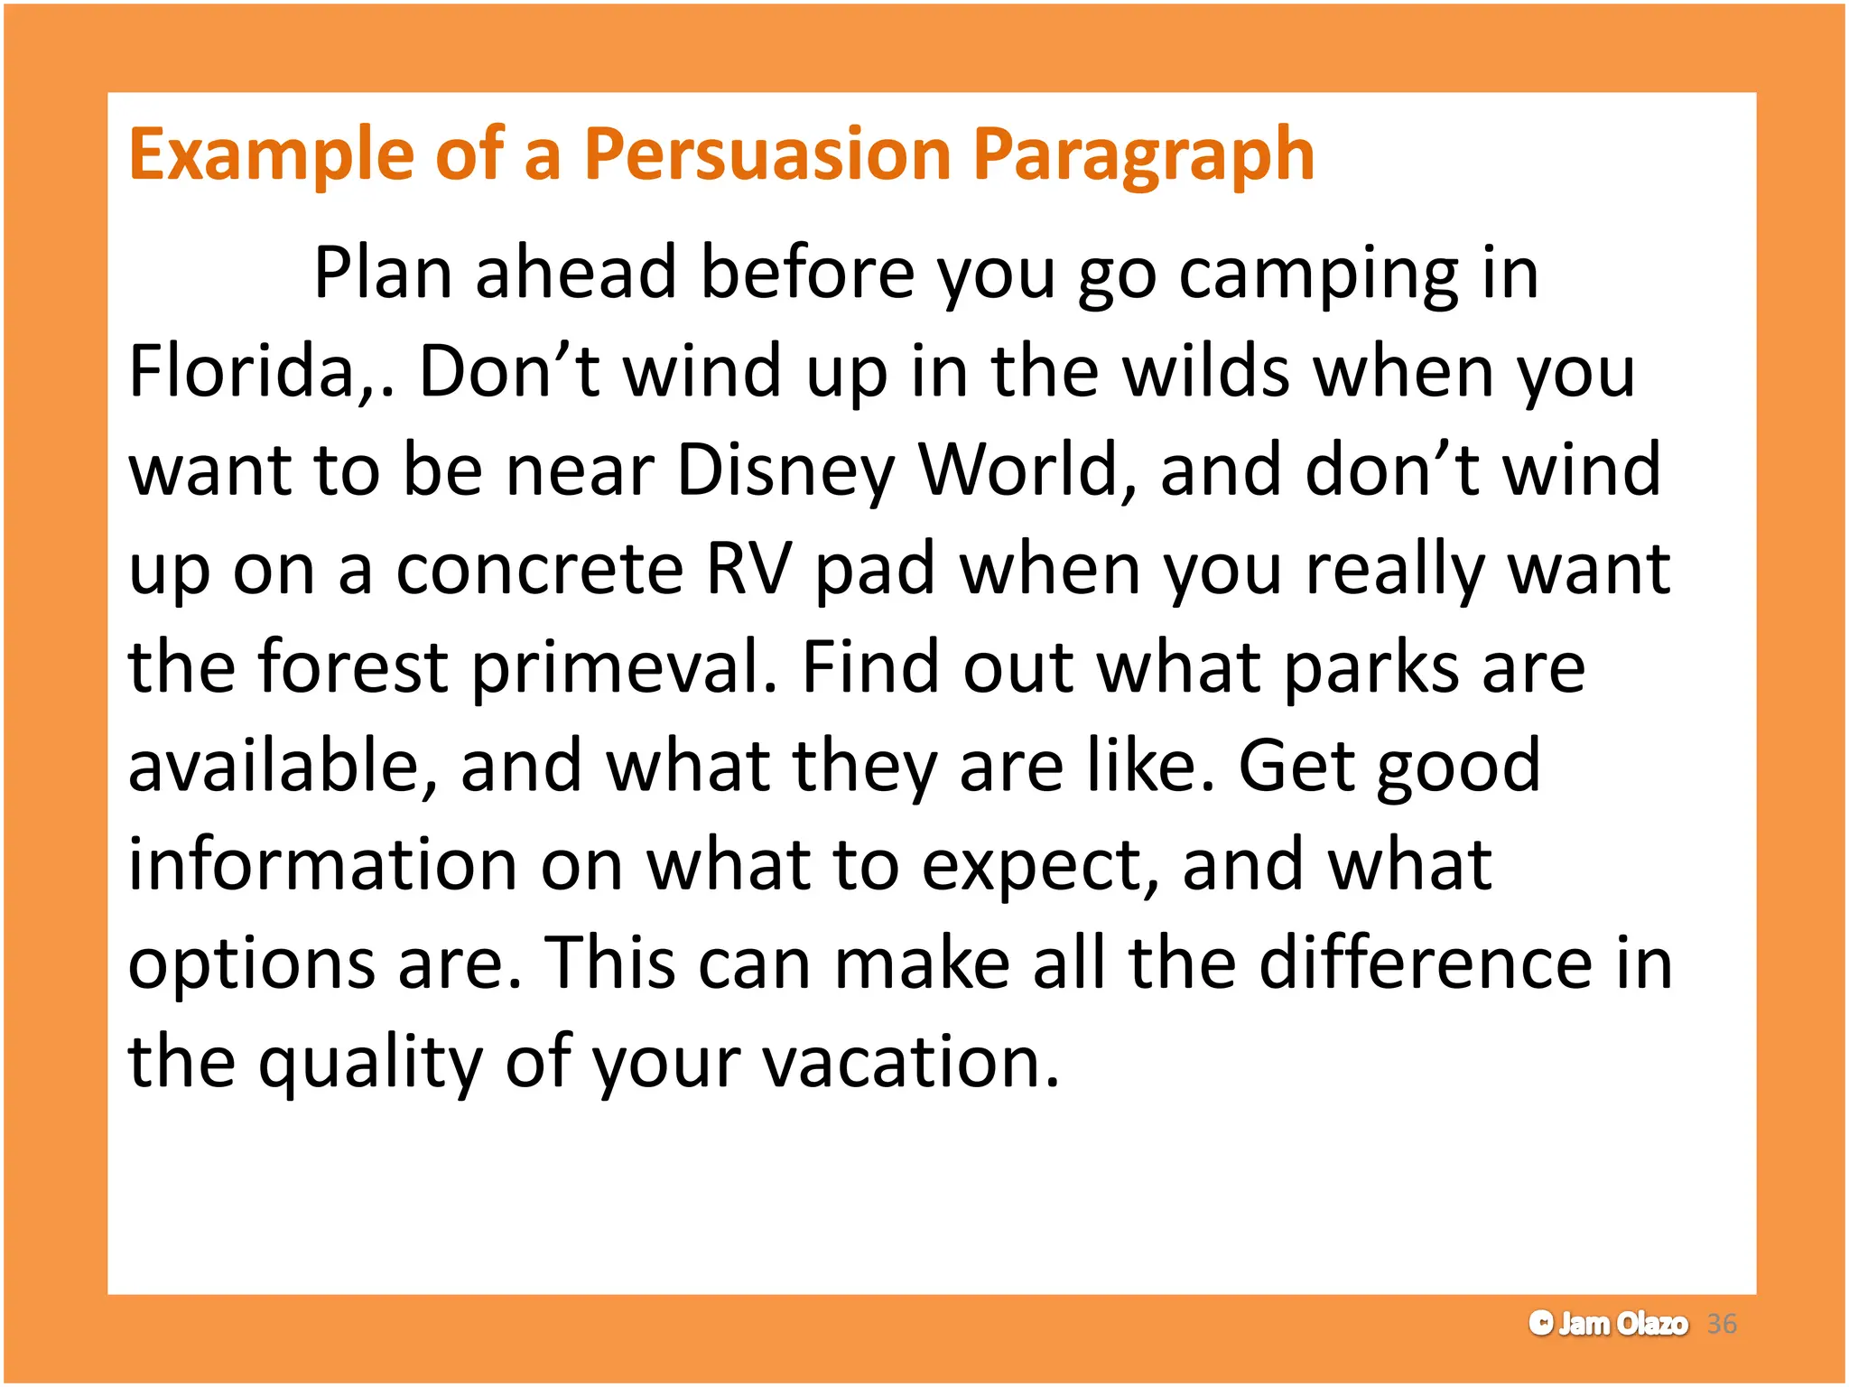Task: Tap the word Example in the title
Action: point(270,155)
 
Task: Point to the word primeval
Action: point(616,668)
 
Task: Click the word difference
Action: point(1426,963)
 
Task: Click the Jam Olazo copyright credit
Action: point(1608,1324)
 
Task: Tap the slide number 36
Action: point(1722,1324)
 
